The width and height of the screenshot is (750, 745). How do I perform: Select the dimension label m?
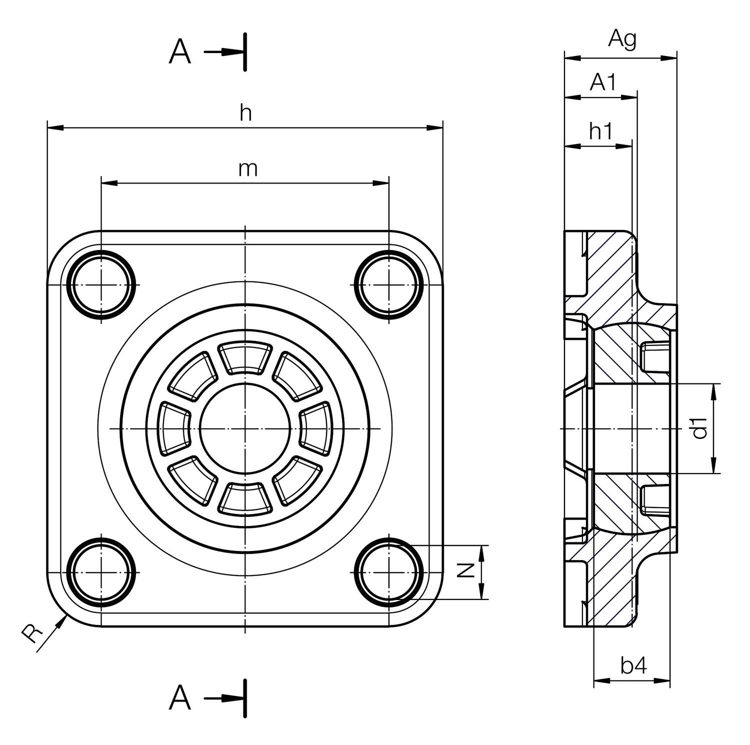tap(247, 169)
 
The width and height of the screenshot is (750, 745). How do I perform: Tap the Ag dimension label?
tap(622, 39)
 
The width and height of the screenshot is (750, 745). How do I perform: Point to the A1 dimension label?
tap(603, 82)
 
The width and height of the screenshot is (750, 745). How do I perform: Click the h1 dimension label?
tap(600, 132)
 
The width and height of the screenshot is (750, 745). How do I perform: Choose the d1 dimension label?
tap(701, 428)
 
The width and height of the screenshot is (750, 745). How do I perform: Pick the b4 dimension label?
tap(633, 665)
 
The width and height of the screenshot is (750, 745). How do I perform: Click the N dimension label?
tap(466, 570)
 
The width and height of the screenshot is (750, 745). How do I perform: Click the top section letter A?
tap(180, 52)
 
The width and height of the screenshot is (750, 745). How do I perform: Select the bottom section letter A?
tap(180, 698)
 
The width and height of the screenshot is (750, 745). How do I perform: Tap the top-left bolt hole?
tap(102, 284)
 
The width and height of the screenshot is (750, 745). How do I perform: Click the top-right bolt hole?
tap(388, 284)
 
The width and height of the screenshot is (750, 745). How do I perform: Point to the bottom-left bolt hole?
tap(102, 571)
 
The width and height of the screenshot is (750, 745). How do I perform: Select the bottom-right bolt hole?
tap(388, 571)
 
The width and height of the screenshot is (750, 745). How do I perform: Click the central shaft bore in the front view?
tap(245, 428)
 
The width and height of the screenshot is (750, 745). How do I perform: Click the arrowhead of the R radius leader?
tap(64, 618)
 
